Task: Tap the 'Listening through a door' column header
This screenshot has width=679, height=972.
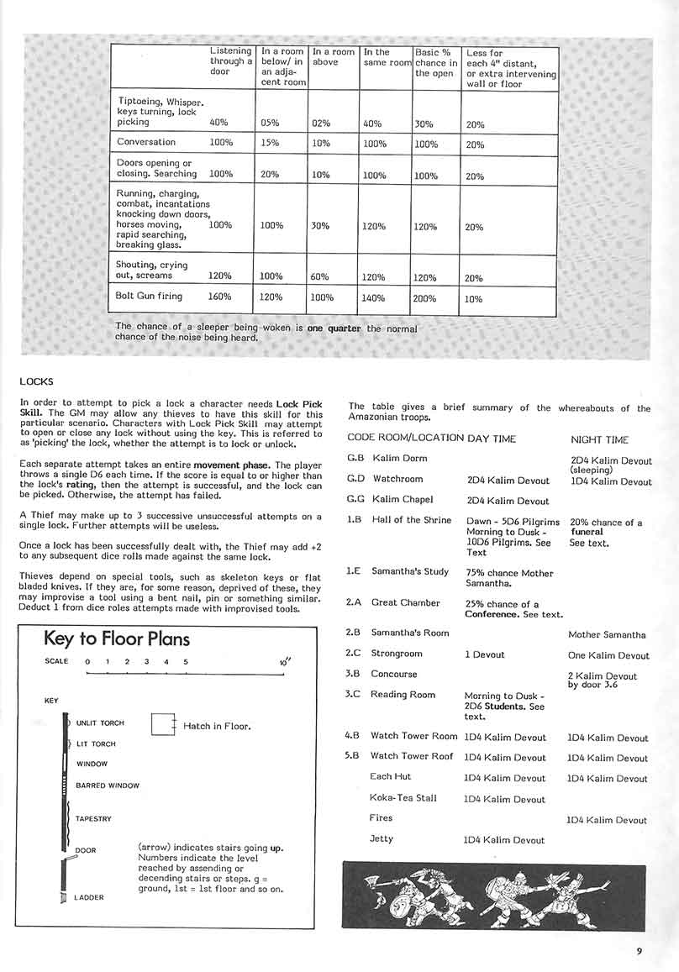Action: (x=231, y=61)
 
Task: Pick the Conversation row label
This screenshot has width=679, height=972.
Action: (x=146, y=142)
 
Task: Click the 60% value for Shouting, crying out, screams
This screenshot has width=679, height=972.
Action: (x=321, y=278)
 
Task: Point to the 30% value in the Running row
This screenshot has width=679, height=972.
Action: (x=321, y=226)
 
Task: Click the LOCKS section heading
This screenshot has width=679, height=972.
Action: (x=36, y=381)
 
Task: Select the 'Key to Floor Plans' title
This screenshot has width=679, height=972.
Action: (x=117, y=639)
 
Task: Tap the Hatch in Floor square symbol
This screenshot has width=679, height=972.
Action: (x=163, y=725)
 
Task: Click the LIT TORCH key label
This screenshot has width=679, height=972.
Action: (x=96, y=744)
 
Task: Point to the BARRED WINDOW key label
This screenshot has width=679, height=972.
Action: (x=108, y=785)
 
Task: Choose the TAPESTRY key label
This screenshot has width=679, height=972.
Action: (x=93, y=818)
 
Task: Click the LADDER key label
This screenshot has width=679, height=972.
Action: (x=89, y=897)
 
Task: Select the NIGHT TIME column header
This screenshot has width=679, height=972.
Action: (x=599, y=439)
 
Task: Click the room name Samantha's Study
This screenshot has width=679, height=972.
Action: (x=410, y=572)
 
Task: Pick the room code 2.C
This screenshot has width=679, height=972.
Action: (x=354, y=654)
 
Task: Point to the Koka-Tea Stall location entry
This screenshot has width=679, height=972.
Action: (x=403, y=798)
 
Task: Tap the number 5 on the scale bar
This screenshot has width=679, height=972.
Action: (x=185, y=661)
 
